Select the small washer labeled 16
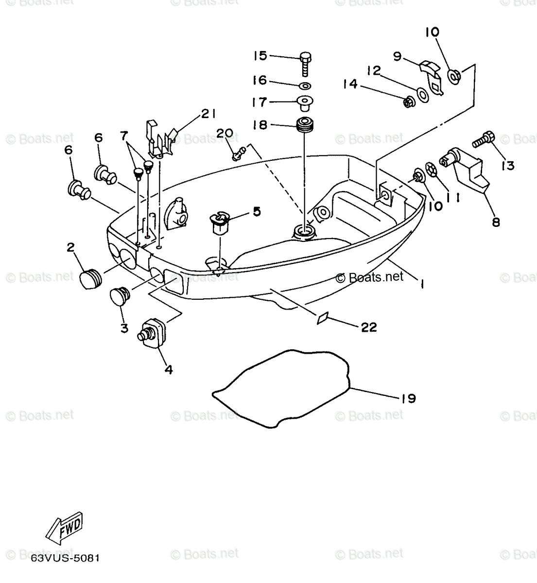305,86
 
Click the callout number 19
409,398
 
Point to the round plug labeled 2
90,280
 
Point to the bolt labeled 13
483,140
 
